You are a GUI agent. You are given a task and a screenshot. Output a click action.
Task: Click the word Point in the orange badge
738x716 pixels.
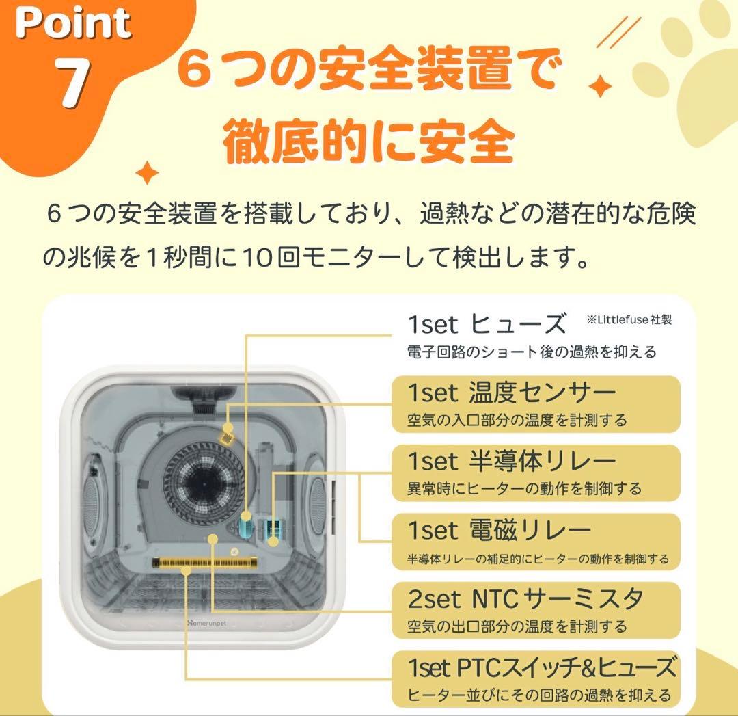coord(73,23)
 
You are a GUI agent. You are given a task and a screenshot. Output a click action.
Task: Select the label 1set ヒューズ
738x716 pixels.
coord(487,323)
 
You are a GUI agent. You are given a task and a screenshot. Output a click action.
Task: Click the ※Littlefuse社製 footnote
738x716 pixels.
coord(629,319)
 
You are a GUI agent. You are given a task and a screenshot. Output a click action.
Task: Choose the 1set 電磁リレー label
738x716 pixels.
coord(500,530)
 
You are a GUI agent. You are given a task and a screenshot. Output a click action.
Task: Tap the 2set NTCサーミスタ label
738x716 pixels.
coord(525,598)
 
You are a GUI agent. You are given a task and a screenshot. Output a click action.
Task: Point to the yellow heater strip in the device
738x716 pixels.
coord(205,563)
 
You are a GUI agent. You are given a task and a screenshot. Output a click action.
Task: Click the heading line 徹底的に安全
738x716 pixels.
coord(368,141)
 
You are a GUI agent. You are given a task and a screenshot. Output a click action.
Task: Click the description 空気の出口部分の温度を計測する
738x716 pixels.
coord(517,626)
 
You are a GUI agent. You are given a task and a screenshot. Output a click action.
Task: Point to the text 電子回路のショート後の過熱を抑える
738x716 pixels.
coord(532,352)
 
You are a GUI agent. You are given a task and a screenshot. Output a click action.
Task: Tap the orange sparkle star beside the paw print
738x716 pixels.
coord(600,87)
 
